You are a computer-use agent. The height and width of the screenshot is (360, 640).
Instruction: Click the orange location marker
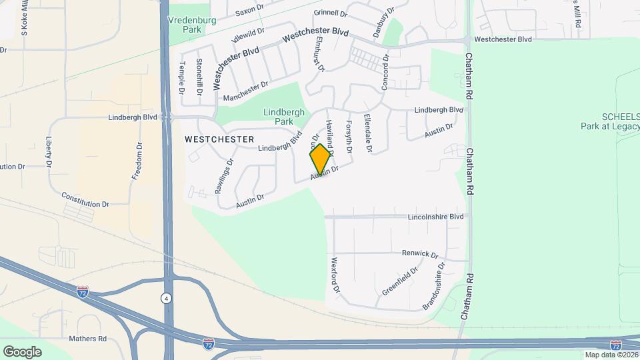(x=320, y=159)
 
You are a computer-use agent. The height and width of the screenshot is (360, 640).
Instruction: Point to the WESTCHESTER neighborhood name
(x=219, y=139)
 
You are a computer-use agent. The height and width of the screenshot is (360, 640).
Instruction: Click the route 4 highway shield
(x=165, y=298)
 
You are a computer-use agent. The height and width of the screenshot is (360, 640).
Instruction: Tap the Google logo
(x=22, y=351)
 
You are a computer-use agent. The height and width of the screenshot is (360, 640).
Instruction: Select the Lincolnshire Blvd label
(x=435, y=217)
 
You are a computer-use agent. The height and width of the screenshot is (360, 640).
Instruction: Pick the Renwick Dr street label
(x=419, y=254)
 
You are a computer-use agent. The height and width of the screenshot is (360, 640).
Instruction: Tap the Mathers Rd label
(x=87, y=339)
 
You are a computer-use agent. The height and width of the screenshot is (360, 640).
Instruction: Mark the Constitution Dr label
(x=85, y=199)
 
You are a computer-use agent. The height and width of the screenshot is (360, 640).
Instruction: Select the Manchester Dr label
(x=245, y=91)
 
